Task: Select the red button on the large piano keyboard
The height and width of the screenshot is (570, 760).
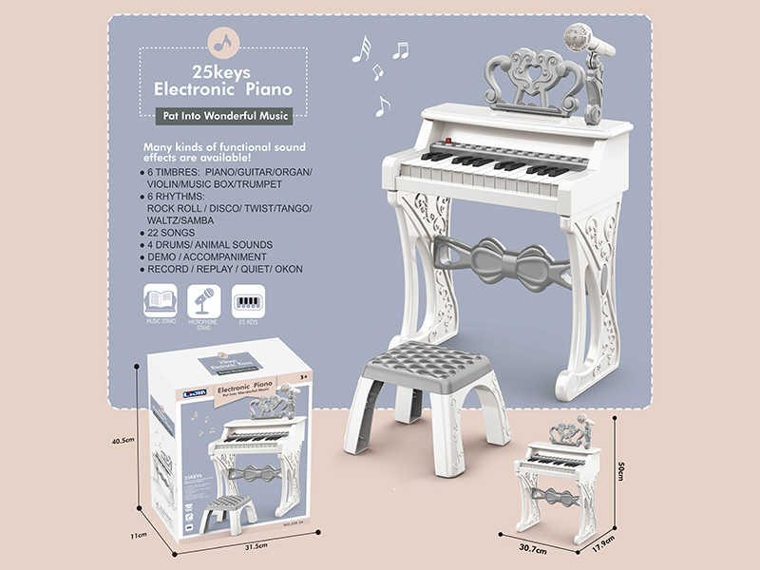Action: coord(438,155)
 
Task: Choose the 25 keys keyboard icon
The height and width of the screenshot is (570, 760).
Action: coord(248,303)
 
